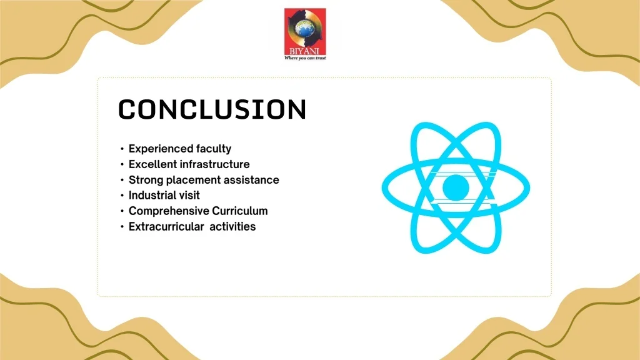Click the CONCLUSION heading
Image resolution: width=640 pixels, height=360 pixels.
[x=212, y=109]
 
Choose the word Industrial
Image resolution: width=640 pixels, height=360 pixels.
[x=151, y=196]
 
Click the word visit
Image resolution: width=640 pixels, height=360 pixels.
[x=188, y=196]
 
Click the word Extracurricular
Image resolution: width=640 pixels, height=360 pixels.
[x=166, y=226]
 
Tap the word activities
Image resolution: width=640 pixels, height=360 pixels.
[x=232, y=226]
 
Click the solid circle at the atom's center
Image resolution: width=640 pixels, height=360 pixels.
[x=456, y=187]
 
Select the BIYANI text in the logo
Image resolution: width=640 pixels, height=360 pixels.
[x=304, y=51]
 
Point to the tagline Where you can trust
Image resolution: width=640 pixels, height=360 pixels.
[x=305, y=58]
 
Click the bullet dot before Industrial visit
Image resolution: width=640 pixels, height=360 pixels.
[x=122, y=196]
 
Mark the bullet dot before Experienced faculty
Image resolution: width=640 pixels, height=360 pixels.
[x=122, y=149]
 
